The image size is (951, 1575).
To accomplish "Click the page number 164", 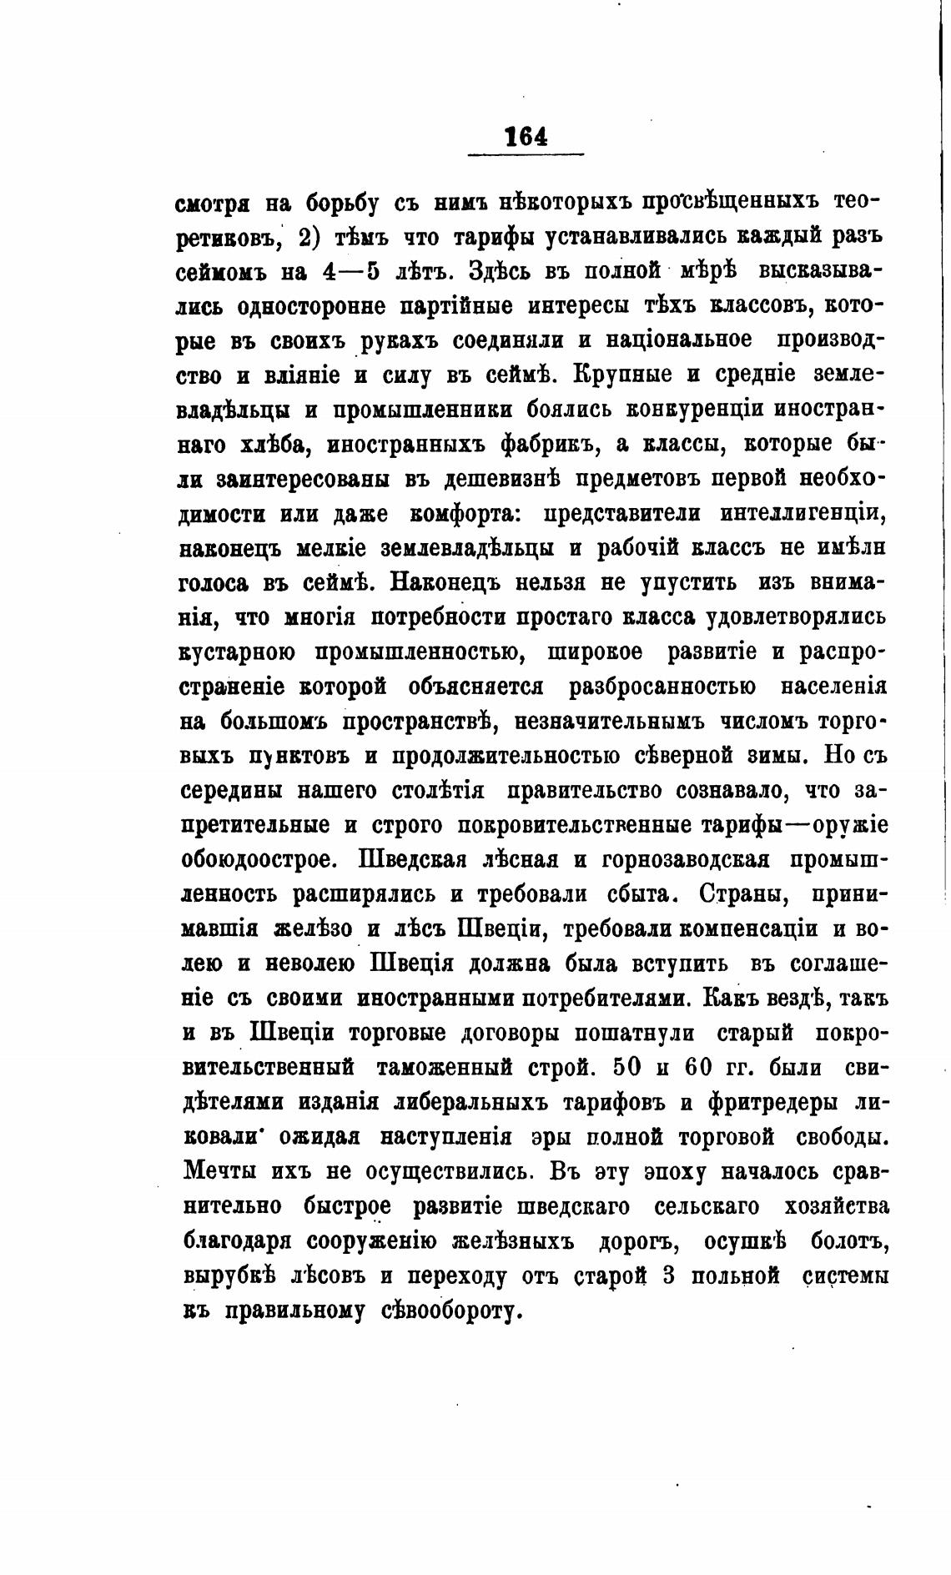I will pyautogui.click(x=526, y=136).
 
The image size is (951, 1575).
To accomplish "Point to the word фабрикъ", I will pyautogui.click(x=546, y=445).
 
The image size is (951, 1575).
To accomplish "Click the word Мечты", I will pyautogui.click(x=220, y=1171).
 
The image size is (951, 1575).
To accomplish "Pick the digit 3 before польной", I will pyautogui.click(x=666, y=1275).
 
